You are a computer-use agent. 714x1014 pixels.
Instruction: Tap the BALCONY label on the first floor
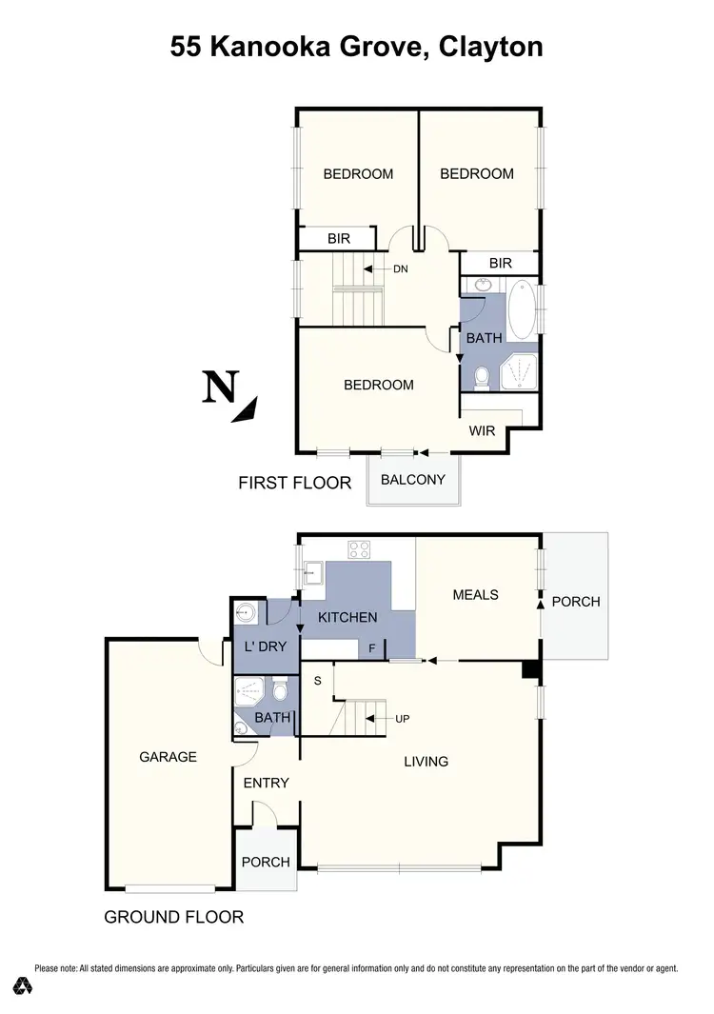[412, 479]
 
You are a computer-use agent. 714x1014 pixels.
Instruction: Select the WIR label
[483, 430]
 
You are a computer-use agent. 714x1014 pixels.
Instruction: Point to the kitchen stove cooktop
[361, 548]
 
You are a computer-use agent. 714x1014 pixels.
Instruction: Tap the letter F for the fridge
[373, 647]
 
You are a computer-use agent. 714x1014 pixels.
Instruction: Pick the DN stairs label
[400, 269]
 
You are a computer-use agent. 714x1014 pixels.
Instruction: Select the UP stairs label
[402, 718]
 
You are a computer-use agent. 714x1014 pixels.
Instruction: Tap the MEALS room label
[475, 594]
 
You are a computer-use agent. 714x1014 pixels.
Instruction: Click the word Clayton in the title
[491, 47]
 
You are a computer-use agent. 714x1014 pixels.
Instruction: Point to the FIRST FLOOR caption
[294, 484]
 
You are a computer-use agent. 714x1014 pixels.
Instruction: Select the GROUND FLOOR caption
[173, 918]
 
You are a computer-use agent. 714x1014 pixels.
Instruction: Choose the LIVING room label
[426, 761]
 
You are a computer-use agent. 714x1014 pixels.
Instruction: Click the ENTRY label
[267, 783]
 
